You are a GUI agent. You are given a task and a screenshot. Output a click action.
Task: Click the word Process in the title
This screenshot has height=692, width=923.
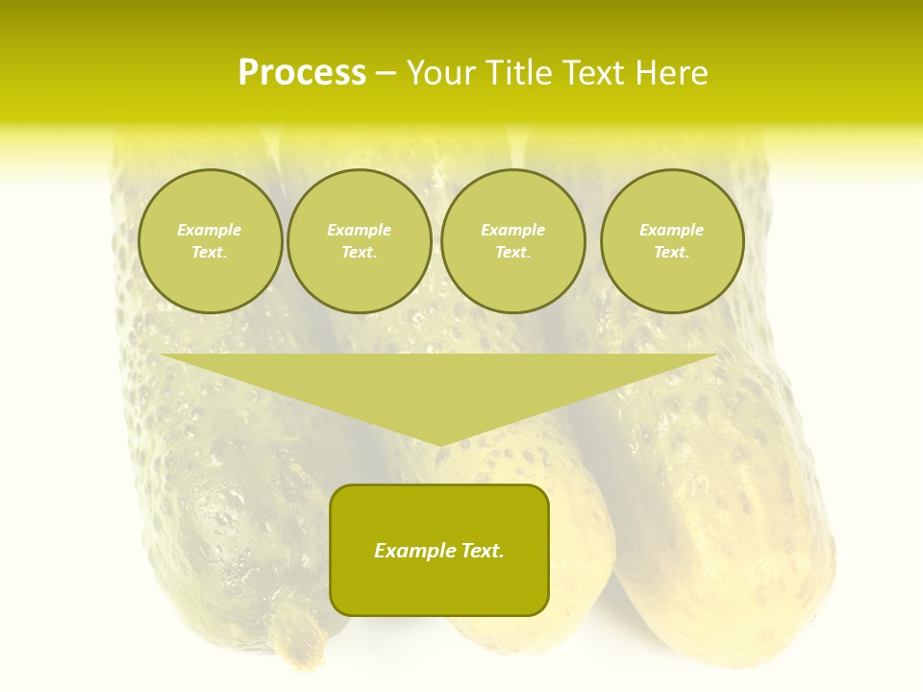(302, 72)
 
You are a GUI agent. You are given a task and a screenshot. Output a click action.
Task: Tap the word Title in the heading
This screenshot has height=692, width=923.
(516, 72)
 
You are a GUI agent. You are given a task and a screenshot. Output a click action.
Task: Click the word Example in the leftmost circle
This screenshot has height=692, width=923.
(210, 230)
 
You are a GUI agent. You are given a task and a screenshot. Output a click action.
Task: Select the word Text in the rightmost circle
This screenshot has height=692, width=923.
(671, 252)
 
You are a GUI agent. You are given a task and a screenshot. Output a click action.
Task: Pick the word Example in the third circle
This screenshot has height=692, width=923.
(512, 230)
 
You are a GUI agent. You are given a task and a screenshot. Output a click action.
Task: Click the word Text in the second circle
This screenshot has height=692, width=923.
(359, 252)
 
